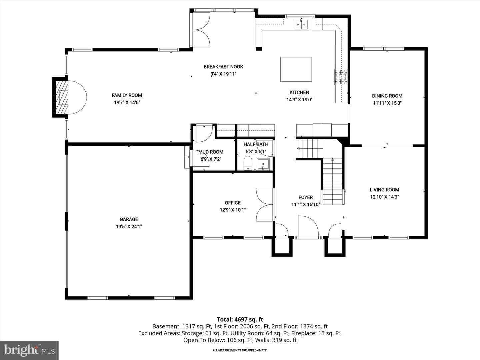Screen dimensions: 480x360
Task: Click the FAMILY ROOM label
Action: [127, 95]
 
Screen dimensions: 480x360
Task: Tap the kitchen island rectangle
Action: [296, 69]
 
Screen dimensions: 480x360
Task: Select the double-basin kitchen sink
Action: [301, 24]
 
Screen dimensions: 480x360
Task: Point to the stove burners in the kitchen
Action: [341, 77]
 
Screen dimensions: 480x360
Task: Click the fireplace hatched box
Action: [61, 97]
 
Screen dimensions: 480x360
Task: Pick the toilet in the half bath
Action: [248, 163]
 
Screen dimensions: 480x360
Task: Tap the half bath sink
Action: [263, 164]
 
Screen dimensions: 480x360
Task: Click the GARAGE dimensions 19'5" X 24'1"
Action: [129, 226]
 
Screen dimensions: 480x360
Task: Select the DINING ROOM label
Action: [387, 96]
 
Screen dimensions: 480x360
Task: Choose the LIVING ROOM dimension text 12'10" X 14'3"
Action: [384, 197]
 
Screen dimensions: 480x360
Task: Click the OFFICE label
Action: [233, 203]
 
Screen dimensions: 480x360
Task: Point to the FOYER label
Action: [305, 197]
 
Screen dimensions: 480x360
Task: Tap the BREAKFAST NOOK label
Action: [223, 67]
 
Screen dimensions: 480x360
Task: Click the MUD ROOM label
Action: [211, 152]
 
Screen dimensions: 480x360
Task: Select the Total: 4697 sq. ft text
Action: [240, 320]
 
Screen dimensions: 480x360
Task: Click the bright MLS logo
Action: [29, 350]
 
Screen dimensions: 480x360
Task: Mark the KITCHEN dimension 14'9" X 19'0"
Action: [299, 99]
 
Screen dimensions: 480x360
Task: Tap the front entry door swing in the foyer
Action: [308, 226]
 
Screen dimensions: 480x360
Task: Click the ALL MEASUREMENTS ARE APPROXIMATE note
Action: [240, 350]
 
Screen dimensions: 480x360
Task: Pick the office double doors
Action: [265, 205]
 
